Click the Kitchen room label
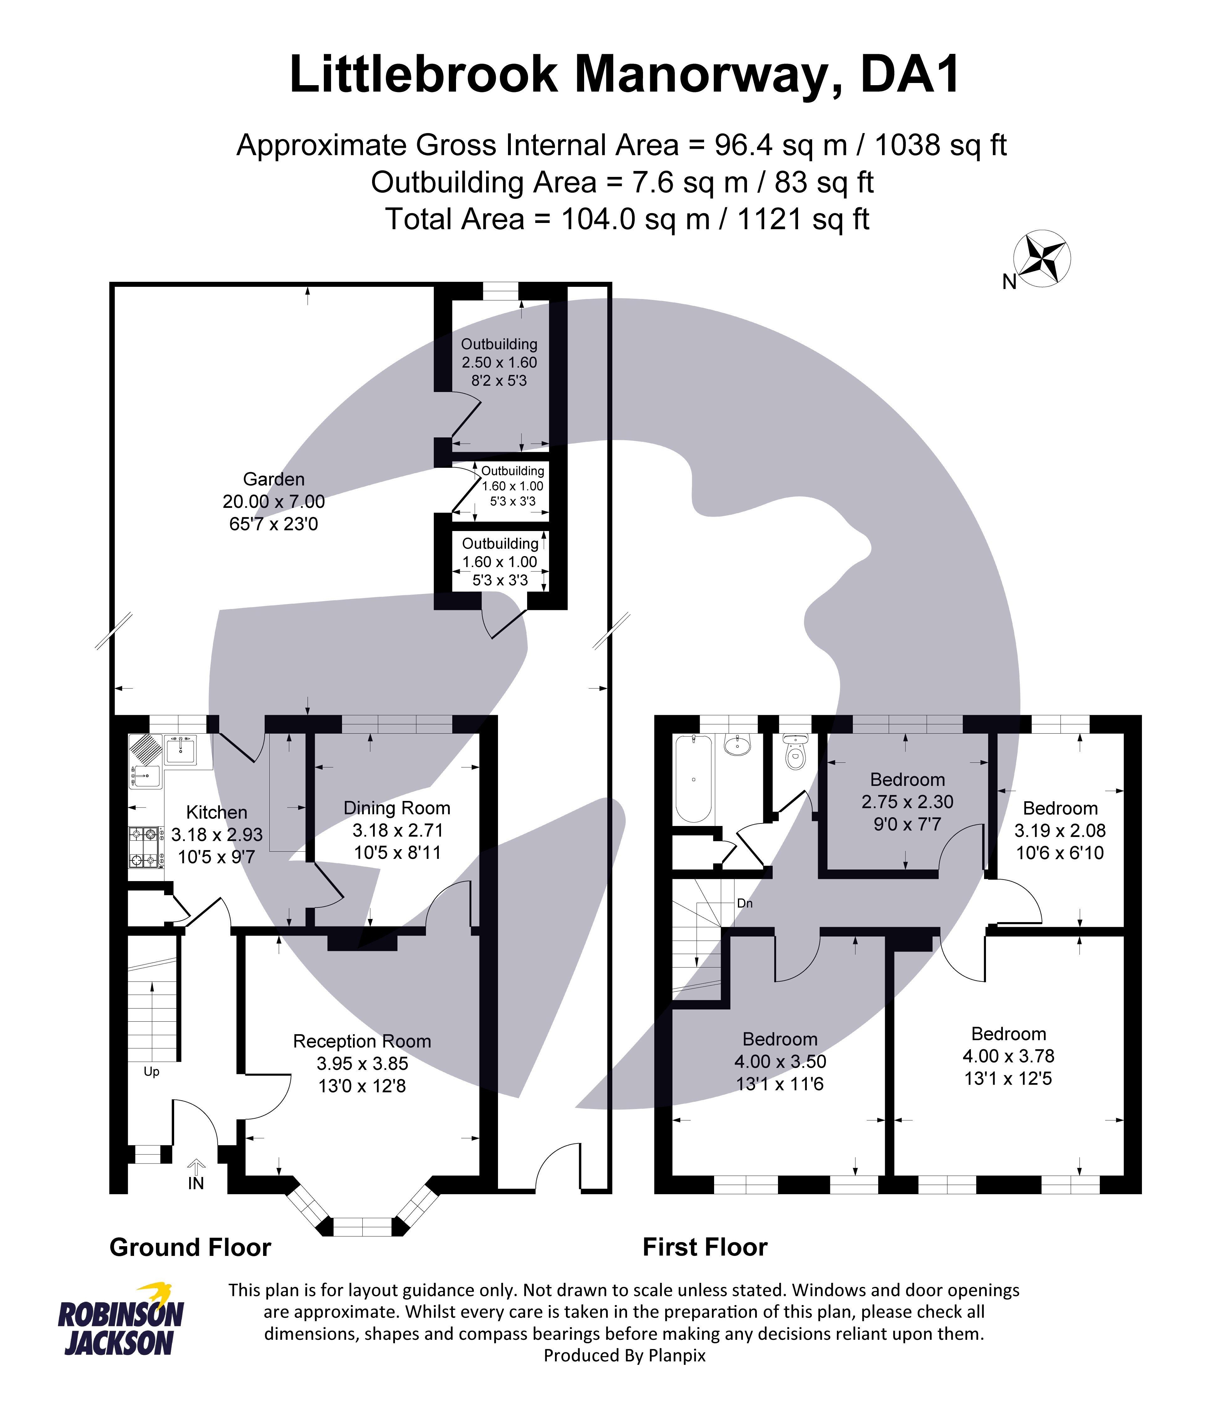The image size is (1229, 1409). [217, 813]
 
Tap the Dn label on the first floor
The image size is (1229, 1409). [745, 904]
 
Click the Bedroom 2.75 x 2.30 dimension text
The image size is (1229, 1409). [907, 802]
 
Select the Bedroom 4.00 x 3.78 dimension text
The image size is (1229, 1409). [1008, 1056]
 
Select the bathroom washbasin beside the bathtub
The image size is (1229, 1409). [737, 745]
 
